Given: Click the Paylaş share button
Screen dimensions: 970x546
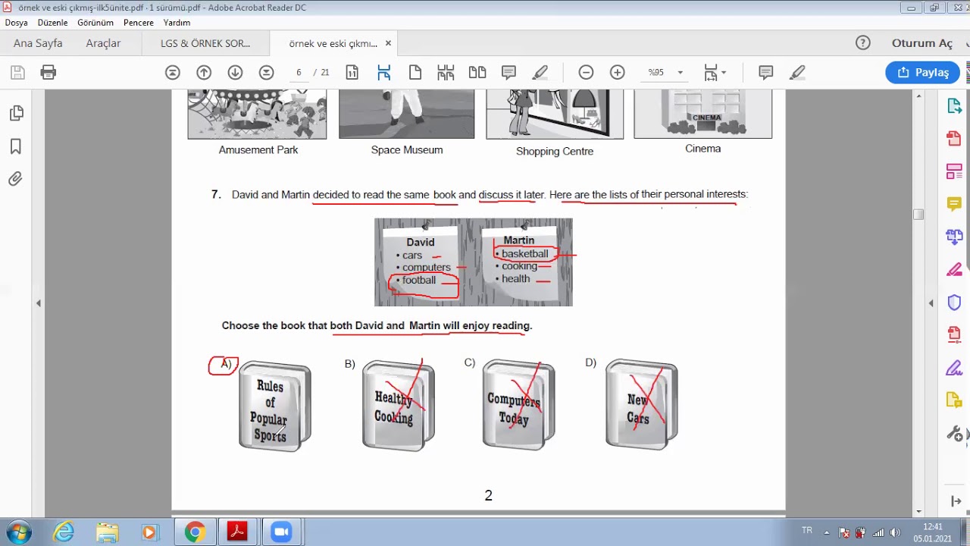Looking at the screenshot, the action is [922, 72].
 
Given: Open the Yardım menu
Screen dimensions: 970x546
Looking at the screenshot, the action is [177, 23].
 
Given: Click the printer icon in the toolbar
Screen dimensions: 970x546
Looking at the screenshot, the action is [48, 72].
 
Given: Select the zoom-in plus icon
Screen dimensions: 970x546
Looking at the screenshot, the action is [617, 72].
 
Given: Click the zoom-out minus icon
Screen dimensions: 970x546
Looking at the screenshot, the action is [586, 72].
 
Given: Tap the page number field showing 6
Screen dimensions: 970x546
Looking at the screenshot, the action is [299, 72].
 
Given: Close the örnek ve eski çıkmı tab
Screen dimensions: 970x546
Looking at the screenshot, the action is [389, 43].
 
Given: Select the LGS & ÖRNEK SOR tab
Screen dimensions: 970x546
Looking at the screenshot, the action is [205, 43].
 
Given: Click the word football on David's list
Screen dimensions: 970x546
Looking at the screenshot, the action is [419, 280].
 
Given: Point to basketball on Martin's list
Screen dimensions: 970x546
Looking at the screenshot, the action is [525, 253].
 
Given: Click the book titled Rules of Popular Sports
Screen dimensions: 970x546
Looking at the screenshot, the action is [275, 406].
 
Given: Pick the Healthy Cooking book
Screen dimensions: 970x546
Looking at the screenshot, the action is [399, 406].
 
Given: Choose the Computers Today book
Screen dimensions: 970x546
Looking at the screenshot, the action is [519, 405].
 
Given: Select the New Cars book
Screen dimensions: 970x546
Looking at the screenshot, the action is [642, 405].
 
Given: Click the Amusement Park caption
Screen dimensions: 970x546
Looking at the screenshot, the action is [258, 150].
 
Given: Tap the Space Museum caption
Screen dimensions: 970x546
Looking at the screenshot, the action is [407, 150].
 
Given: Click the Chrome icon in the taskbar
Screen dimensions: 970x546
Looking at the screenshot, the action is [195, 532].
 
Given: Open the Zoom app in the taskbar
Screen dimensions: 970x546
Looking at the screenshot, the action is [281, 532].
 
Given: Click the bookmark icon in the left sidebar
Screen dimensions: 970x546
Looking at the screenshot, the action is [16, 146].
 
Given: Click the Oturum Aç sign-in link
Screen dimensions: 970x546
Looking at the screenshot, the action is [922, 43].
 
